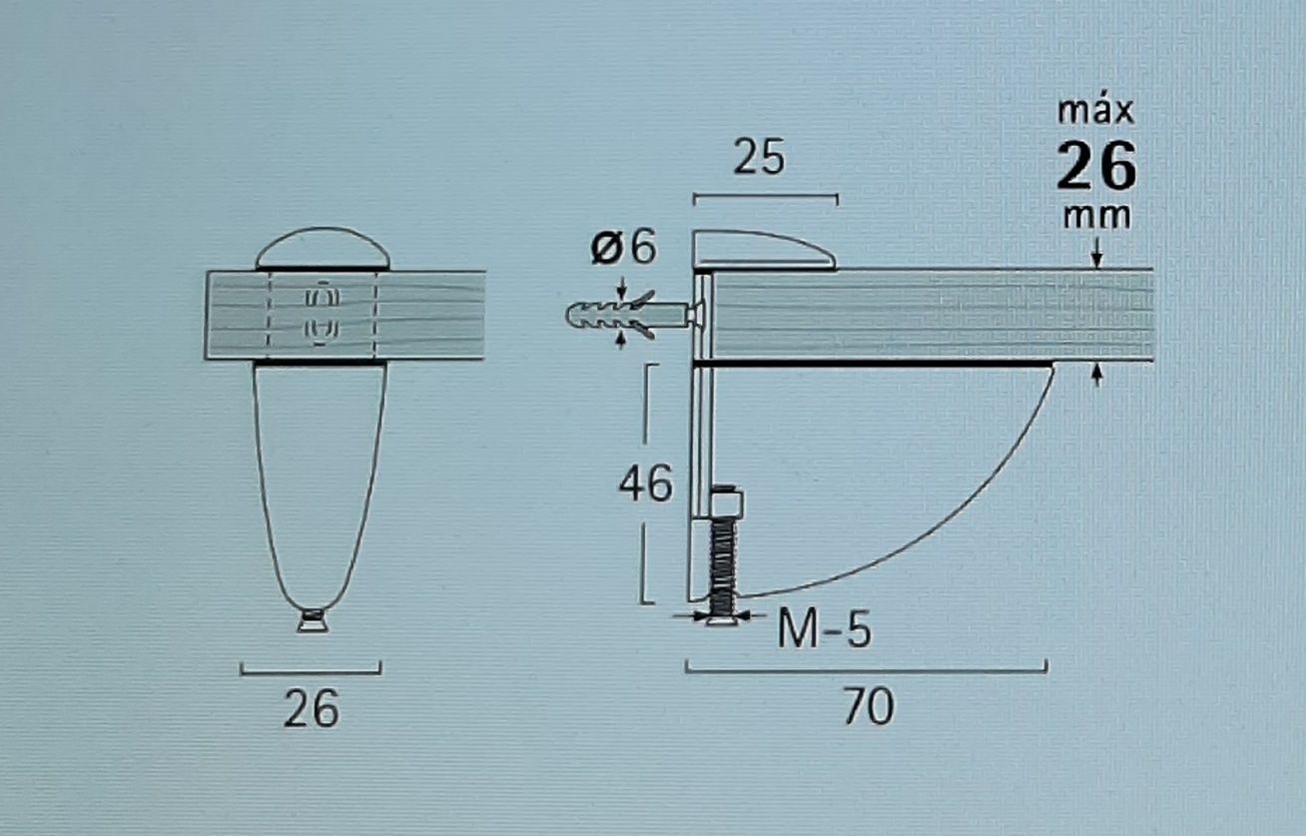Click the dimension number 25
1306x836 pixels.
759,158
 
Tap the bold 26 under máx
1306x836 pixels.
1096,166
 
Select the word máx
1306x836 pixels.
1096,112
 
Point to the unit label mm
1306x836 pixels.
1096,217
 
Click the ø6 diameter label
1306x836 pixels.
623,248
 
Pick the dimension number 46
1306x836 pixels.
645,483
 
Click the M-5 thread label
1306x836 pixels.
824,628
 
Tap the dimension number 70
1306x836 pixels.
869,706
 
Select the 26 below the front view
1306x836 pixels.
311,709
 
